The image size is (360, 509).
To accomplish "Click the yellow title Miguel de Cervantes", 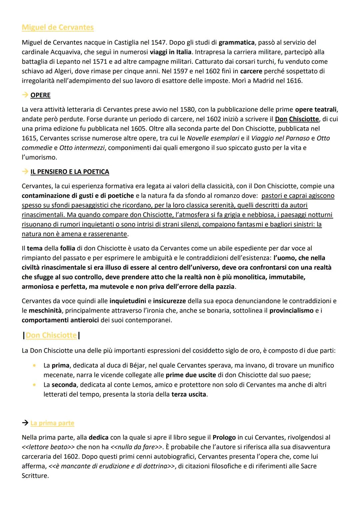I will click(x=58, y=27).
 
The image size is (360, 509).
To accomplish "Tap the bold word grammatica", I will click(x=236, y=42).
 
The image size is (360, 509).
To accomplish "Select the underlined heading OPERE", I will click(x=40, y=95).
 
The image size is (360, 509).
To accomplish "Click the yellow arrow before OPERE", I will click(x=25, y=95).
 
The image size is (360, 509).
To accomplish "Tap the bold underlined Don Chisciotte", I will click(x=297, y=119).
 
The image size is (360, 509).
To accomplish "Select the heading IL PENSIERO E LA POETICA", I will click(x=70, y=172).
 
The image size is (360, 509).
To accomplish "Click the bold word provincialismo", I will click(x=291, y=311).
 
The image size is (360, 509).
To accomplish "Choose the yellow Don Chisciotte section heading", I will click(x=51, y=335).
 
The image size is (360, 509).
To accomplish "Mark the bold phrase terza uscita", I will click(x=189, y=394).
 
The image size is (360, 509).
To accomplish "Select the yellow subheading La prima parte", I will click(x=52, y=423).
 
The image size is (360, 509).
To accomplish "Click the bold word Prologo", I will click(x=224, y=437).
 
